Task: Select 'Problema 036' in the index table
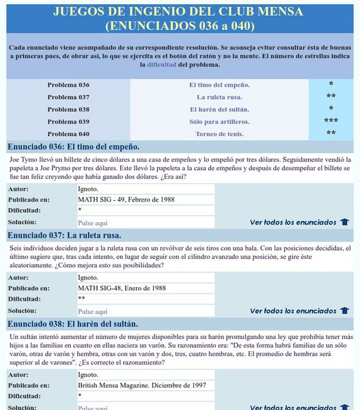(x=68, y=85)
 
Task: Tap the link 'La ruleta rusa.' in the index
(x=219, y=97)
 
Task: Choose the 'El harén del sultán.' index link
(x=219, y=109)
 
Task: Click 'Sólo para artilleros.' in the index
(x=219, y=122)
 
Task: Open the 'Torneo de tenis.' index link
(x=219, y=134)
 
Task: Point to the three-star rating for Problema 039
(x=331, y=122)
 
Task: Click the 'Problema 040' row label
(x=68, y=134)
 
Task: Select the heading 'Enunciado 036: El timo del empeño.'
(x=73, y=147)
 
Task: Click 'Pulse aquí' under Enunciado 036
(x=93, y=223)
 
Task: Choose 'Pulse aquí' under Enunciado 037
(x=93, y=311)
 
